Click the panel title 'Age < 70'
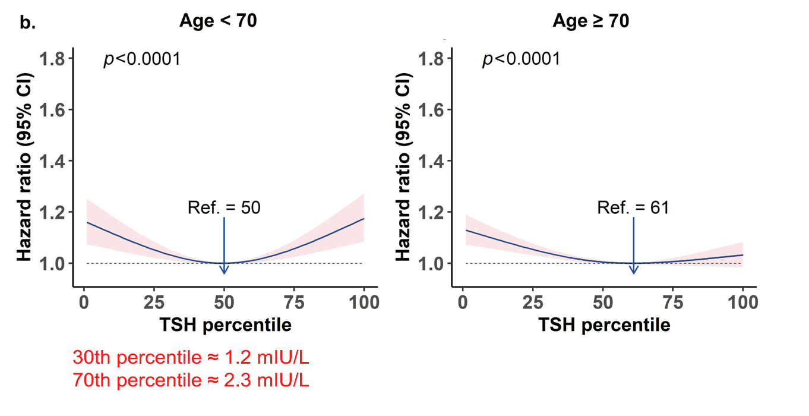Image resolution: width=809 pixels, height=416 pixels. coord(218,21)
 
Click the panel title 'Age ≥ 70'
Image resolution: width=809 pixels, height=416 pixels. coord(590,21)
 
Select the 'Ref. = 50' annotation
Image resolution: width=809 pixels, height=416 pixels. coord(224,207)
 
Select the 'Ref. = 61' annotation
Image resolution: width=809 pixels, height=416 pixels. coord(633,207)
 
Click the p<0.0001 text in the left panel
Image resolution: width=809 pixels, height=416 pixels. coord(142,59)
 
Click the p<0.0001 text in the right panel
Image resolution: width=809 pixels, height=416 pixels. coord(521,59)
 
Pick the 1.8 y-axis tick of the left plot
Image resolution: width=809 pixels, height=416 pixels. coord(53,59)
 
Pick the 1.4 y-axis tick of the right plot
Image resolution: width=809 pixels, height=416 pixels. coord(432,161)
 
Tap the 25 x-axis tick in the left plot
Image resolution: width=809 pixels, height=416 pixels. coord(154,302)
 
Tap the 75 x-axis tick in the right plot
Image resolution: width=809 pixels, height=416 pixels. coord(673,302)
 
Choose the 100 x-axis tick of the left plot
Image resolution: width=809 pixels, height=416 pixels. coord(364,302)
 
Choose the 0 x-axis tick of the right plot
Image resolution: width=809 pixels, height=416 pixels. coord(463,302)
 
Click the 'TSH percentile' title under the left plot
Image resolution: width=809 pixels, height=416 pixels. coord(225,325)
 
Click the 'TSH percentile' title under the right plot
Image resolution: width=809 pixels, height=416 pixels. coord(604,325)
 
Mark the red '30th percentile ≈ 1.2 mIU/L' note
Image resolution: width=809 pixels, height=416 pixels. coord(191,358)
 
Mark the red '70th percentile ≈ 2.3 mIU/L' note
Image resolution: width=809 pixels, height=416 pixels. coord(191,380)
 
